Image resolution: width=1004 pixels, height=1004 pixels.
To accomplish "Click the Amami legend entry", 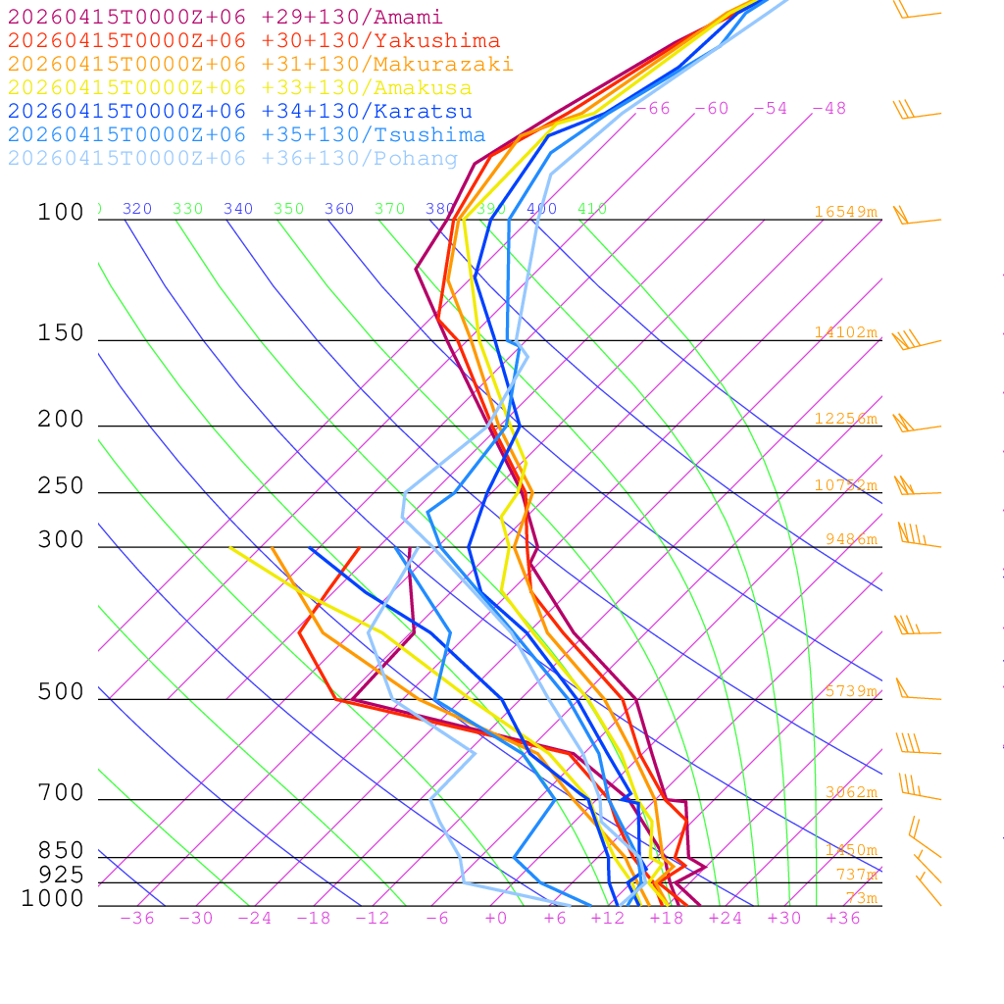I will tap(225, 18).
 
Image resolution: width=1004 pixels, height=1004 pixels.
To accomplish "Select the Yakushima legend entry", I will tap(253, 41).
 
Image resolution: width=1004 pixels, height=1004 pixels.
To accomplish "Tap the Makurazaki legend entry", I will tap(260, 65).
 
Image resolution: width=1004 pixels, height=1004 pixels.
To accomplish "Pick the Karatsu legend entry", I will tap(239, 112).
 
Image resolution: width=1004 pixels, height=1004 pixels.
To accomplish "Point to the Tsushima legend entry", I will tap(246, 135).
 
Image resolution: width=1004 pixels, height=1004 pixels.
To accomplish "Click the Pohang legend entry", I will tap(232, 159).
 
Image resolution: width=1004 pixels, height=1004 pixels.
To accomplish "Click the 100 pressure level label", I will tap(61, 213).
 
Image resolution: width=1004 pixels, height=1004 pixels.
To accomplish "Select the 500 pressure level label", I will tap(61, 693).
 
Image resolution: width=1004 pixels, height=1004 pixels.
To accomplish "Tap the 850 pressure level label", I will tap(61, 851).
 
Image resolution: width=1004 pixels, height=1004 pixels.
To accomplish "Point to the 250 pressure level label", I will tap(61, 486).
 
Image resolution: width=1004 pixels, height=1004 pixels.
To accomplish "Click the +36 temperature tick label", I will tap(842, 919).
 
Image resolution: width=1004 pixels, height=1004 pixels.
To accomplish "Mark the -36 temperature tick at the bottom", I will tap(137, 919).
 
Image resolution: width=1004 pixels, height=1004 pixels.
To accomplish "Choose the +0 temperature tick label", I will tap(495, 919).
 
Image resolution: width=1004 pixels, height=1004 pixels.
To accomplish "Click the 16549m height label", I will tap(845, 212).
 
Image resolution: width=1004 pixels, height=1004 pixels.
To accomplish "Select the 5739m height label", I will tap(849, 691).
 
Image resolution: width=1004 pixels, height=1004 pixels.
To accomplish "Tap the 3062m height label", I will tap(849, 792).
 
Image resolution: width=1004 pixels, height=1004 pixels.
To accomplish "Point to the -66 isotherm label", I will tap(653, 109).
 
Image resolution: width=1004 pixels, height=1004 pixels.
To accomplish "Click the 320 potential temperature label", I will tap(137, 209).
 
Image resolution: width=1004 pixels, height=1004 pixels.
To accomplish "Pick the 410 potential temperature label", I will tap(592, 209).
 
